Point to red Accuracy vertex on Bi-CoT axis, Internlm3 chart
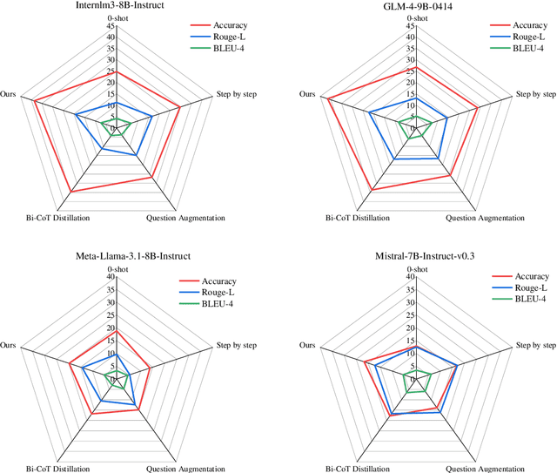coord(70,191)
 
